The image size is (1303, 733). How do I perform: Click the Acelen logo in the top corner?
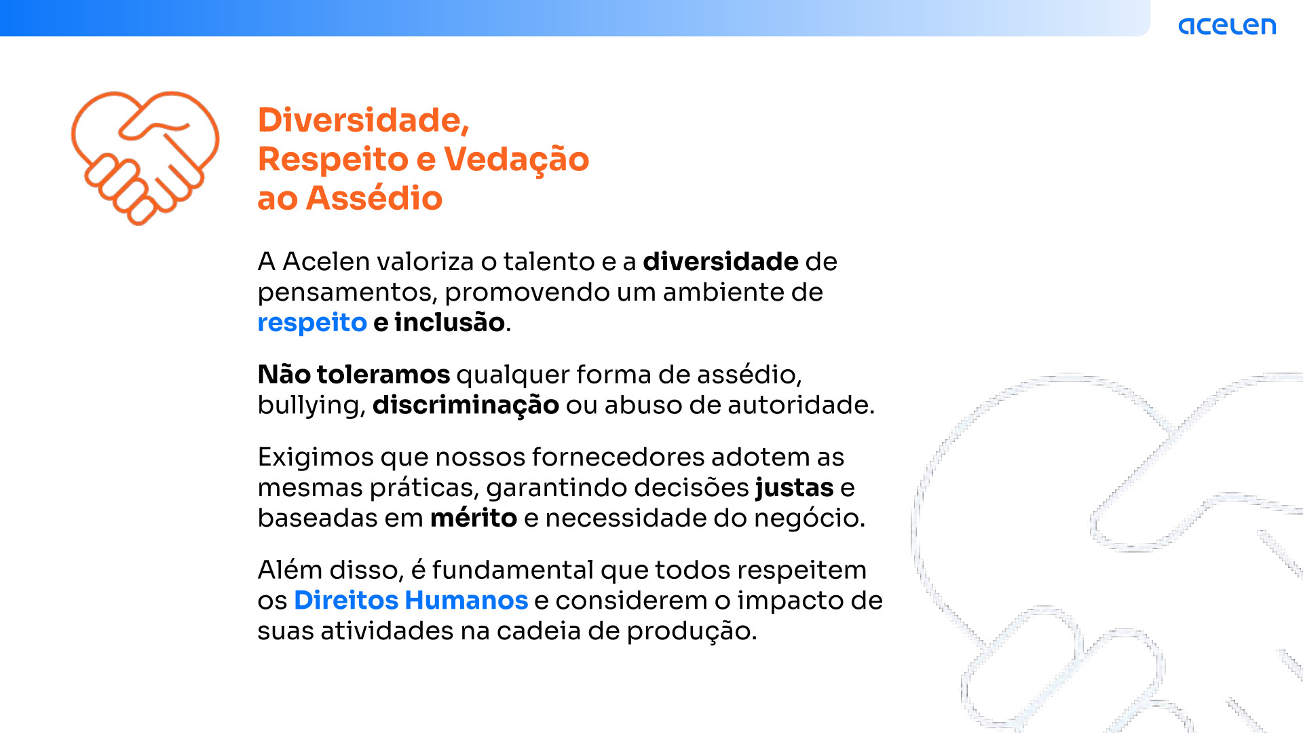tap(1227, 26)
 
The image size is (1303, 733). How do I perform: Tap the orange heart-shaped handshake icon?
tap(145, 157)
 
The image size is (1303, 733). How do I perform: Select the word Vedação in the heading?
tap(516, 159)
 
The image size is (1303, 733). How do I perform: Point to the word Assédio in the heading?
tap(374, 198)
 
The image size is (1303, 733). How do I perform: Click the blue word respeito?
tap(312, 323)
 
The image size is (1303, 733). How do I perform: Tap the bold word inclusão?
tap(449, 322)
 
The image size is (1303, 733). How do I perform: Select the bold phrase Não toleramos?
tap(354, 375)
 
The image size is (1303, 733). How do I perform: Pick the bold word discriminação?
tap(466, 405)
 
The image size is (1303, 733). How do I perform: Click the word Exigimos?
tap(316, 458)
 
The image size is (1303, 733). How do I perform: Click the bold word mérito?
tap(474, 518)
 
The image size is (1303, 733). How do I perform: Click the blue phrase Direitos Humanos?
tap(411, 601)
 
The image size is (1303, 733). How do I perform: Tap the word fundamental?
tap(513, 570)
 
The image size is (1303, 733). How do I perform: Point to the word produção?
tap(692, 632)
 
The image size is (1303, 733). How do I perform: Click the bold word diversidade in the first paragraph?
tap(721, 262)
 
